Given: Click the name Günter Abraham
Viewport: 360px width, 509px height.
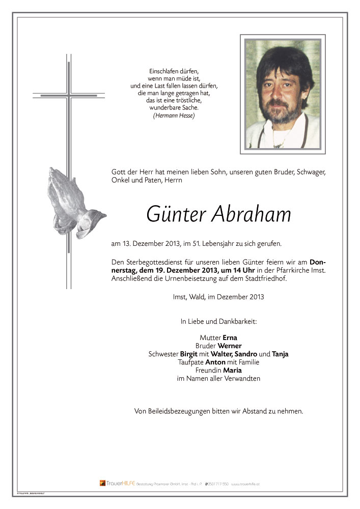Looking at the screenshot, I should (218, 214).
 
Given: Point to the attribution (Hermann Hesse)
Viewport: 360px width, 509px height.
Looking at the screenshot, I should (174, 116).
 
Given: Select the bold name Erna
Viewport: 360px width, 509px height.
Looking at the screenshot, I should (230, 337).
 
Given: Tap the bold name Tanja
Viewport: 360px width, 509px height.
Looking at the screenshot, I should (282, 354).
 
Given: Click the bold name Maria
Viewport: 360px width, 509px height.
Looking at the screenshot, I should (233, 371).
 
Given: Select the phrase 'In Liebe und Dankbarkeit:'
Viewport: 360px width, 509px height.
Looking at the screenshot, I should (218, 322).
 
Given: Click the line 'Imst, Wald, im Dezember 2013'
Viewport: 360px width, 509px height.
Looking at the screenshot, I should (218, 297).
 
